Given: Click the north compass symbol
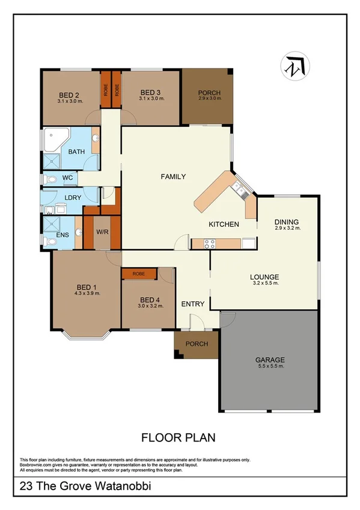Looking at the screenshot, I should pos(294,66).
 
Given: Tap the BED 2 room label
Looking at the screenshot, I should pos(70,94).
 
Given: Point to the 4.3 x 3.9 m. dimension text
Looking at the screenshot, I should pos(87,293).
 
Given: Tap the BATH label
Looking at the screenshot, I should pos(76,152).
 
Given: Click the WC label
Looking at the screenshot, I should pos(67,178).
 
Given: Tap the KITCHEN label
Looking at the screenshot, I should pos(224,224).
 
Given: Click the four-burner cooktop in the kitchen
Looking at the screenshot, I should pos(209,244).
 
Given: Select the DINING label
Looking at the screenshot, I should pos(286,222).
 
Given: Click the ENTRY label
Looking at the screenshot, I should pos(193,304).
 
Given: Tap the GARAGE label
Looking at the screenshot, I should pos(269,359).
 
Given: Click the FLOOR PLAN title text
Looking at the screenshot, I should pos(178,437).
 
